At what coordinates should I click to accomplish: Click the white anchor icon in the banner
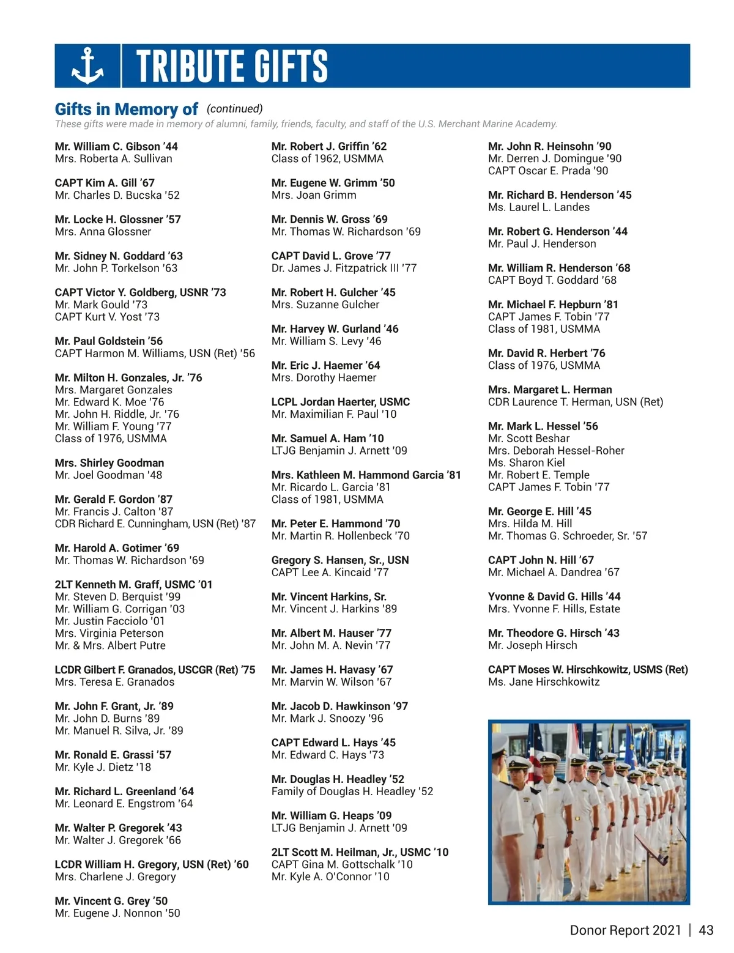(x=87, y=66)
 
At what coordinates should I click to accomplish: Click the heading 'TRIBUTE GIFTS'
(x=232, y=66)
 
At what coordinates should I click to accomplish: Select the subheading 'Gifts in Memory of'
(x=126, y=109)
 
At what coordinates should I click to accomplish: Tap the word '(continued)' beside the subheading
(x=235, y=109)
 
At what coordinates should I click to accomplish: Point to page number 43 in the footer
(x=706, y=930)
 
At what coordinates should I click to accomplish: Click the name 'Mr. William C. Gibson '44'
(x=116, y=147)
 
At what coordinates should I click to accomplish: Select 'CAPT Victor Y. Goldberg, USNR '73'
(x=140, y=293)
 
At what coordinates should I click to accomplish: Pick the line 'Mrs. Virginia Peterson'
(x=109, y=634)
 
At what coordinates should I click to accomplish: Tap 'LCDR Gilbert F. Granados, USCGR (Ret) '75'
(x=155, y=670)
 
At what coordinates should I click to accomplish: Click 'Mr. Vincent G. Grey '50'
(x=111, y=901)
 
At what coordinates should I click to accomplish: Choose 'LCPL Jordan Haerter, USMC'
(x=341, y=402)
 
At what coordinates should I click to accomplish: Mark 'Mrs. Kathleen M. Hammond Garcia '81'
(x=366, y=475)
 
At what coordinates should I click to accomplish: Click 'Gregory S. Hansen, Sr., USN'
(x=340, y=560)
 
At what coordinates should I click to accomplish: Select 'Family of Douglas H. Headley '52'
(x=352, y=792)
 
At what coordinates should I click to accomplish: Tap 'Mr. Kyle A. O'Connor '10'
(x=330, y=877)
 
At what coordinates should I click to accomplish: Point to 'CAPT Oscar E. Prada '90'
(x=548, y=171)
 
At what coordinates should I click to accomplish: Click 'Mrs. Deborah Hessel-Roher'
(x=556, y=451)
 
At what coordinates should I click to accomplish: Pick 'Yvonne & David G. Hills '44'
(x=554, y=597)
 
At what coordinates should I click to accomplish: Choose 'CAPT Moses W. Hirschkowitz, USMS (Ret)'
(x=588, y=670)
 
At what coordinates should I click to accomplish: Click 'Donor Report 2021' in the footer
(x=625, y=930)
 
